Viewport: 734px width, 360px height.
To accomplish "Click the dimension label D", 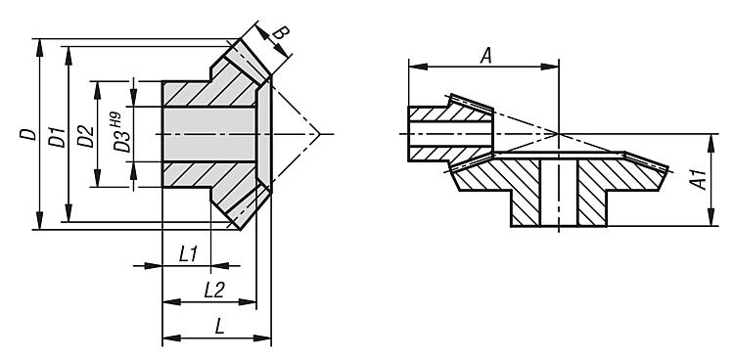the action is (x=28, y=134).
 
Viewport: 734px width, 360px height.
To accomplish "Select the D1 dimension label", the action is (x=59, y=137).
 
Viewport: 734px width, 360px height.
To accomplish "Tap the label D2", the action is (x=86, y=137).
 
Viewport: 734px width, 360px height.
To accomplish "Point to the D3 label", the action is (x=123, y=142).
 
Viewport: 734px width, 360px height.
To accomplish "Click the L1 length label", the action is (x=189, y=254).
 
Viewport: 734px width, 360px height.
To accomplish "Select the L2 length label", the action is (x=214, y=291).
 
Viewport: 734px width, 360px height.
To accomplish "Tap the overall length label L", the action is (x=219, y=327).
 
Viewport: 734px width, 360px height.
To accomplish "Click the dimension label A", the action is (x=486, y=57).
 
